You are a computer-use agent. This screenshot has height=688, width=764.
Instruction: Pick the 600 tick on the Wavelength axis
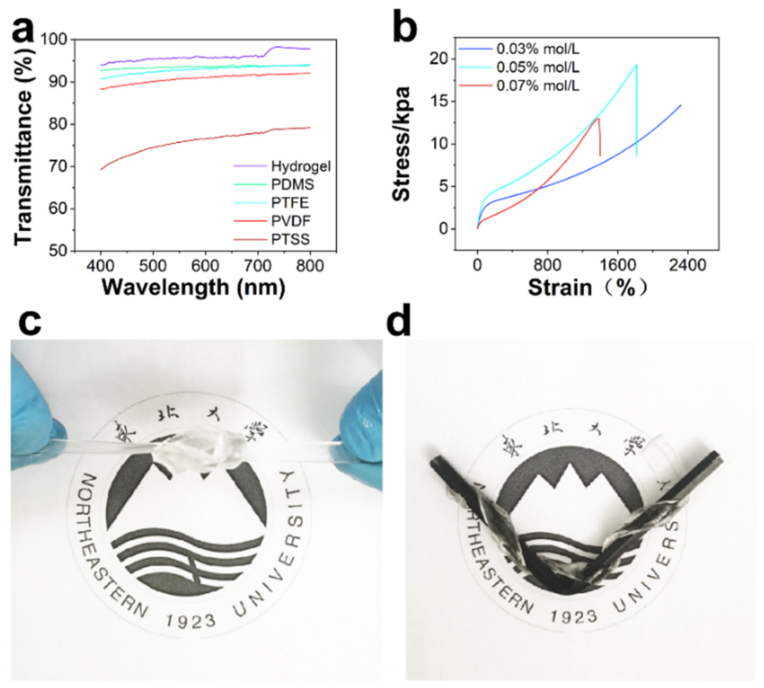click(x=205, y=266)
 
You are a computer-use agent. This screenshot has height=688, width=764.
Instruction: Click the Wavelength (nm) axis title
click(x=193, y=288)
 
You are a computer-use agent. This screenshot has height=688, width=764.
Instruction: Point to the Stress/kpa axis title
click(x=402, y=144)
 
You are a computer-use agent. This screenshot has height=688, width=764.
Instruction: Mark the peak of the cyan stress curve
click(x=637, y=65)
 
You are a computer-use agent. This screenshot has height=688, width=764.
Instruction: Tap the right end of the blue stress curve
click(x=681, y=105)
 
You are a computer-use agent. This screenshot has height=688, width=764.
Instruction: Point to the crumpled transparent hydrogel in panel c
click(x=200, y=452)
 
